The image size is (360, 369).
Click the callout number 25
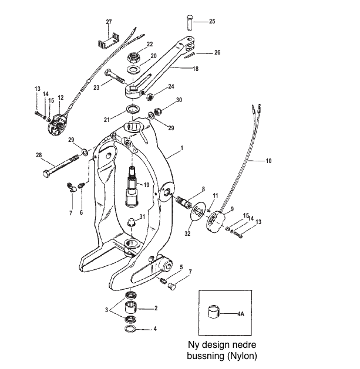[x=212, y=22]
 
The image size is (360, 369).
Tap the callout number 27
[x=108, y=22]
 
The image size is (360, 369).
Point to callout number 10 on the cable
[x=270, y=160]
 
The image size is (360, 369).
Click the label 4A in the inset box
[x=241, y=314]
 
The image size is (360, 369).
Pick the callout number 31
[x=142, y=217]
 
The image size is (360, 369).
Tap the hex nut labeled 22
[x=133, y=58]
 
